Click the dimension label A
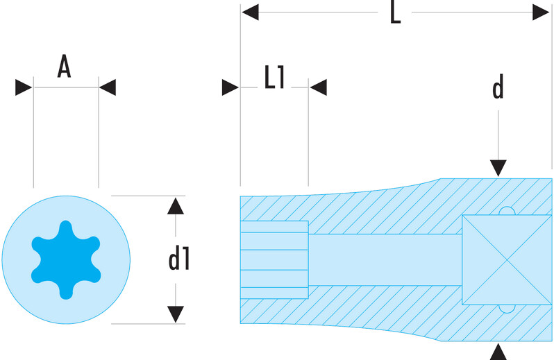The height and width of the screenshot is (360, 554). point(64,66)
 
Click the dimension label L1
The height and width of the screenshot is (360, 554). point(275,76)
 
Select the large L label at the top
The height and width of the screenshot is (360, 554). point(395,12)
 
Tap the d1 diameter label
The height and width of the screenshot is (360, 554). point(179,259)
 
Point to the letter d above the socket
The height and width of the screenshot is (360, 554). point(498,87)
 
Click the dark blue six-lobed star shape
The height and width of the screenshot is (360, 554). point(66,259)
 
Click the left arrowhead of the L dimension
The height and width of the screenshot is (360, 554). point(250,12)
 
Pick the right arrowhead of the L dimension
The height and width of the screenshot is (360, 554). point(541,12)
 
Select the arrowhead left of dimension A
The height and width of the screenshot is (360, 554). point(24,87)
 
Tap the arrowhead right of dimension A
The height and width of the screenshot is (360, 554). point(108,87)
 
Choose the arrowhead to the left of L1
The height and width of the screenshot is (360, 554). point(230,87)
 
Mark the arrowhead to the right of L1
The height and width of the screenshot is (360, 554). point(319,87)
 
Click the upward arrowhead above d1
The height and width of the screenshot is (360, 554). point(176,206)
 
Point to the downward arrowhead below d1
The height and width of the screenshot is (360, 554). point(176,314)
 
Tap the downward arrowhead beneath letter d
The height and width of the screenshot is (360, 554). point(498,168)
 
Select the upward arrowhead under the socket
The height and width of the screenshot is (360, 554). point(498,352)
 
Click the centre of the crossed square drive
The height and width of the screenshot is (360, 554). point(507,259)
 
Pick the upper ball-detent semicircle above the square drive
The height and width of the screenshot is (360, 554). point(507,211)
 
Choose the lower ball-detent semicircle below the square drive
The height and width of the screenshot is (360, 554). point(507,309)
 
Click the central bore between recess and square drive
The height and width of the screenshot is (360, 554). point(385,259)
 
